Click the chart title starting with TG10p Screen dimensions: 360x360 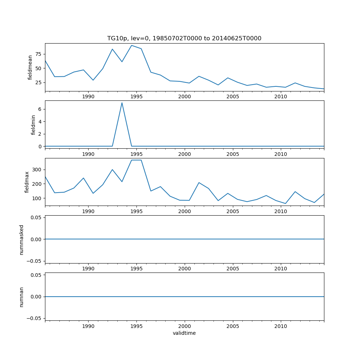184,38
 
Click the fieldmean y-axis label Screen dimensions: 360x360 30,67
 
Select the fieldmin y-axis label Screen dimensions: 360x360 33,125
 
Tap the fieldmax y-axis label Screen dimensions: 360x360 27,182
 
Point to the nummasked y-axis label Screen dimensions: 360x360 22,239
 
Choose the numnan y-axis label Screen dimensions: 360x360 22,297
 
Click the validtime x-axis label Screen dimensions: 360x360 184,333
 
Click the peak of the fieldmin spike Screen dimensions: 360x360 122,103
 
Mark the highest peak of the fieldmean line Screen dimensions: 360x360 131,45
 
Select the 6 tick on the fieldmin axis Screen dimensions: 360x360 40,109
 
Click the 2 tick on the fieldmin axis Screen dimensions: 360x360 40,134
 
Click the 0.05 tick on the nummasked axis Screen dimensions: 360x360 36,217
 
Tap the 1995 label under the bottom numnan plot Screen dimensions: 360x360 136,326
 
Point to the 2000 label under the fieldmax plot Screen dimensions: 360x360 184,211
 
